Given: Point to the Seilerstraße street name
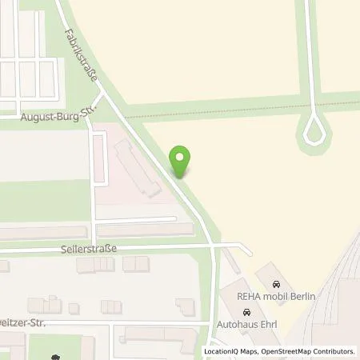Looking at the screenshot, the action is [x=88, y=249].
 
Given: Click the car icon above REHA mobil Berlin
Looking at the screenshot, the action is [x=277, y=285].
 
